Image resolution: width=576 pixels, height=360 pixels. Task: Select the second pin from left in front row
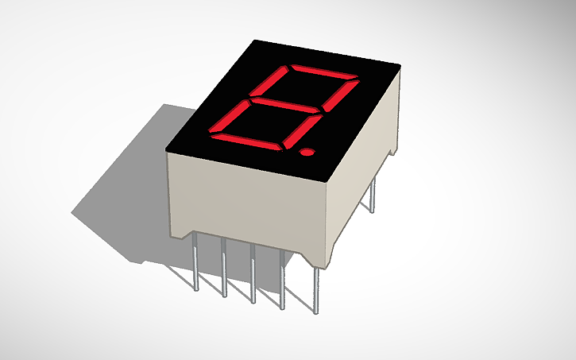pos(225,268)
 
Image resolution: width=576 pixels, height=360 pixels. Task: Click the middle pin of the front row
pos(253,274)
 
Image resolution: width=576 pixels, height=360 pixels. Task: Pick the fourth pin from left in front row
pos(283,280)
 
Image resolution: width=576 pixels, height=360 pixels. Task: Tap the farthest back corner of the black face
pos(255,41)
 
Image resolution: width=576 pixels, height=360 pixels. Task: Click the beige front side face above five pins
pos(246,203)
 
